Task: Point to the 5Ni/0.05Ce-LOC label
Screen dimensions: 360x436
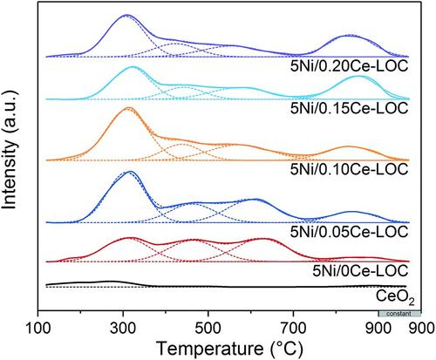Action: (349, 231)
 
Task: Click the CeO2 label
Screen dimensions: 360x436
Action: (390, 297)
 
